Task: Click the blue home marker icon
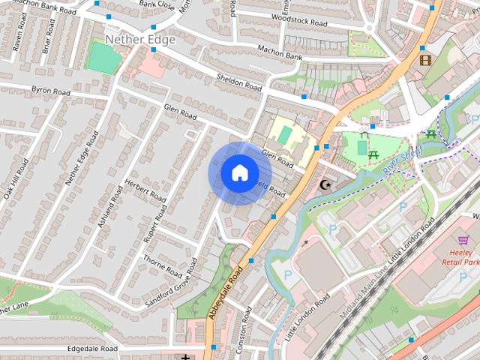(238, 173)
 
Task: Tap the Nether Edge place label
(140, 39)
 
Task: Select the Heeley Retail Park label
(460, 257)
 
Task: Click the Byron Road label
(50, 91)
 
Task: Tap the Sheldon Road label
(238, 82)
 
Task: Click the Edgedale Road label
(93, 349)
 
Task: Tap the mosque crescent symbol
(325, 184)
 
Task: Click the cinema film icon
(425, 60)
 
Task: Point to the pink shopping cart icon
(463, 240)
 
